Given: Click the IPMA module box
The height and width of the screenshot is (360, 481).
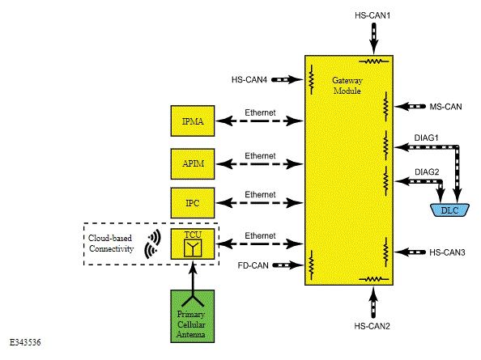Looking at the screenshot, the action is [x=193, y=121].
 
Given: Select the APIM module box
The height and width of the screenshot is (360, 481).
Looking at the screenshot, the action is [x=193, y=164].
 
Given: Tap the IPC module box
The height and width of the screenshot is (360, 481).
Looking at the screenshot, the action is [x=193, y=203].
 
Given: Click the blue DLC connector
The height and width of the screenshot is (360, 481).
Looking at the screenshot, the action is [x=449, y=210].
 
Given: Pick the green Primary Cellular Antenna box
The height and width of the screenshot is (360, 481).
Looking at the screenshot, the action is [x=193, y=316].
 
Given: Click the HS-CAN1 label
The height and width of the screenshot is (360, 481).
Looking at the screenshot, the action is [x=372, y=15].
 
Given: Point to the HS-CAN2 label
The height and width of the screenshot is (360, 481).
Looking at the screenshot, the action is [x=372, y=326].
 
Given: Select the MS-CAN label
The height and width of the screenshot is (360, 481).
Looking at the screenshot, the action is [x=445, y=107].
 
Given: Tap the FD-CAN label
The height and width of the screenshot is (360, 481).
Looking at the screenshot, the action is [x=253, y=265].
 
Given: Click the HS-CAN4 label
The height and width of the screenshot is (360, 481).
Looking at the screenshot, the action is [x=249, y=79].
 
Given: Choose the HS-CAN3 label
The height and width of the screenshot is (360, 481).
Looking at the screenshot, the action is [x=447, y=252].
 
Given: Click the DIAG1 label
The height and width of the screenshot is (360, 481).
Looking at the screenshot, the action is [x=427, y=138].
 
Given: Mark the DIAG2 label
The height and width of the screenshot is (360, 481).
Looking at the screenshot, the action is [x=427, y=172].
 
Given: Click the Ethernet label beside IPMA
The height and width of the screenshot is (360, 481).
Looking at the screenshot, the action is [x=260, y=112].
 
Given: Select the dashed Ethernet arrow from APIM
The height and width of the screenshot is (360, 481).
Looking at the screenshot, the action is [x=259, y=164].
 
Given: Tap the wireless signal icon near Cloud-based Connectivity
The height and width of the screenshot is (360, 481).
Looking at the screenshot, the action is [x=152, y=244].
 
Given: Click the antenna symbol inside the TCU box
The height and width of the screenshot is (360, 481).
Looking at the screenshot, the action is [x=193, y=248].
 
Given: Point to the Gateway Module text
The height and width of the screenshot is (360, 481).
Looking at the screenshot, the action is [x=347, y=86].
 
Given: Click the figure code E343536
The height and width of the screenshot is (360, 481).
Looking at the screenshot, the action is [x=25, y=342].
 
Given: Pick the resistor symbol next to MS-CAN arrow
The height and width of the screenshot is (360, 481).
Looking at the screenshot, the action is [x=385, y=107].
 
